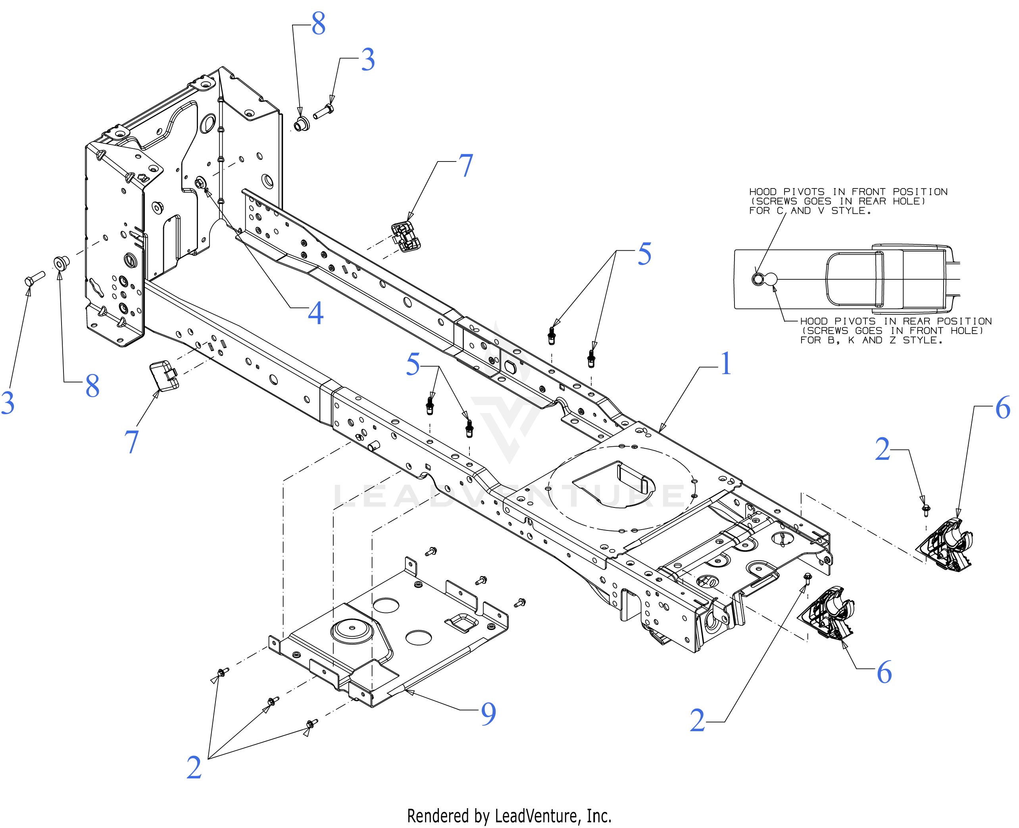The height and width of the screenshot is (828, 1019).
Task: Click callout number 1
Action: click(x=726, y=363)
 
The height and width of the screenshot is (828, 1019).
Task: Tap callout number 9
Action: click(x=488, y=713)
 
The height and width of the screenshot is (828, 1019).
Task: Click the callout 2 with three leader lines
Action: click(x=194, y=767)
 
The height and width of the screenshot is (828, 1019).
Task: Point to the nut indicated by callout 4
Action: click(x=200, y=182)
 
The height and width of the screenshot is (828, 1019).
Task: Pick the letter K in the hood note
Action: click(x=852, y=340)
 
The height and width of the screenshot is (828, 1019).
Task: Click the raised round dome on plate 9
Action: click(x=352, y=632)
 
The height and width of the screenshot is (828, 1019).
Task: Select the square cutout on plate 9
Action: click(x=461, y=622)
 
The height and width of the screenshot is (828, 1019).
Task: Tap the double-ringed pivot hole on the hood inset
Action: click(x=758, y=279)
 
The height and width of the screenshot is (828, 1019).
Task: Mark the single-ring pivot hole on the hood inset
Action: click(x=771, y=279)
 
